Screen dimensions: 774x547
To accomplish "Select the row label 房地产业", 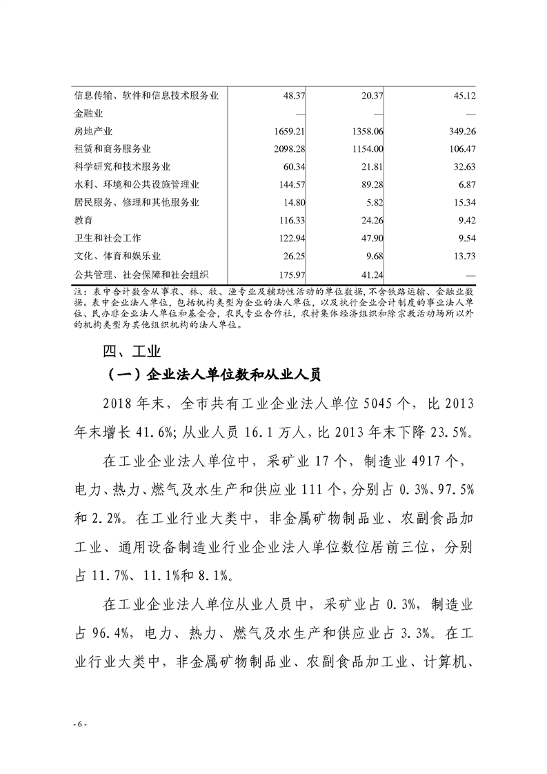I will [93, 130].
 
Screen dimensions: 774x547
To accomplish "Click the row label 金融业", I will [88, 113].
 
